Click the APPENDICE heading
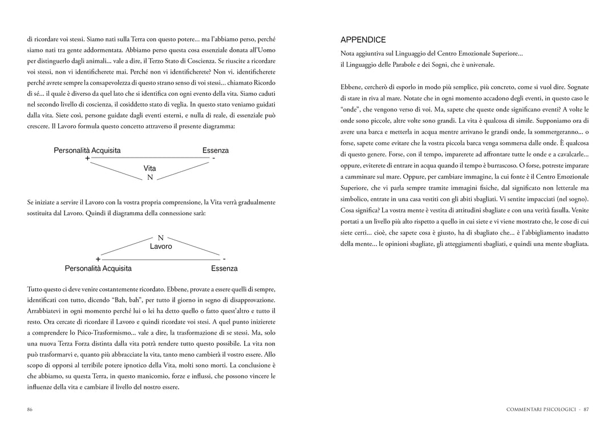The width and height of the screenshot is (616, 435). pyautogui.click(x=363, y=40)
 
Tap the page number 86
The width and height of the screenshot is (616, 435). pyautogui.click(x=30, y=409)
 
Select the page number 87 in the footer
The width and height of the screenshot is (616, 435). pyautogui.click(x=586, y=409)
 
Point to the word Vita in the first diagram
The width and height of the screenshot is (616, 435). pyautogui.click(x=149, y=168)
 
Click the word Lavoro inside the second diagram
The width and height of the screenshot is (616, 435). pyautogui.click(x=161, y=247)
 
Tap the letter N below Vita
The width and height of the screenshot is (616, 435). pyautogui.click(x=150, y=178)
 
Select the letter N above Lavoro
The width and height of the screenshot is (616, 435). pyautogui.click(x=161, y=237)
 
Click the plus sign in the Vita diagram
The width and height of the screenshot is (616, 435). pyautogui.click(x=87, y=158)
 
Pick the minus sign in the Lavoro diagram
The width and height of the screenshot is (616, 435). pyautogui.click(x=224, y=259)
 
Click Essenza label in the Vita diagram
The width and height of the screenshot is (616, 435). pyautogui.click(x=215, y=151)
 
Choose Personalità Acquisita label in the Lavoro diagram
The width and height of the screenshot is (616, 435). pyautogui.click(x=98, y=268)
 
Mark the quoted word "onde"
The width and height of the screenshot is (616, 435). pyautogui.click(x=354, y=109)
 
